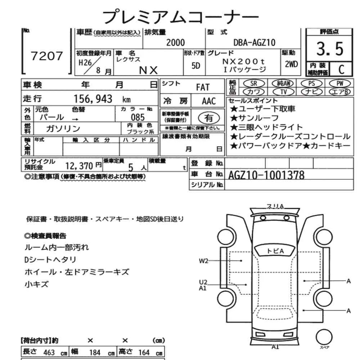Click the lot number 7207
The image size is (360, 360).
pos(47,56)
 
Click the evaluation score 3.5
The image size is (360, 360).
pos(330,49)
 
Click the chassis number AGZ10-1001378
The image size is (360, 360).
pos(266,175)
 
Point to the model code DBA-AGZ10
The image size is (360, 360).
pos(254,43)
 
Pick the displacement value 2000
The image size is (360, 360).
pos(175,43)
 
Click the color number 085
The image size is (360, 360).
pos(138,117)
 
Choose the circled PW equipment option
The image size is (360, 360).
pos(339,84)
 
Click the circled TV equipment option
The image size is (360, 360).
pos(283,92)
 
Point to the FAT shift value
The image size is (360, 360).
pos(203,87)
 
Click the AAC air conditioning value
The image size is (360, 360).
pos(208,102)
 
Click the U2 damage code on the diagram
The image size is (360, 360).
pos(203,283)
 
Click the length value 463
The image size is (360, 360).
pos(49,352)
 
